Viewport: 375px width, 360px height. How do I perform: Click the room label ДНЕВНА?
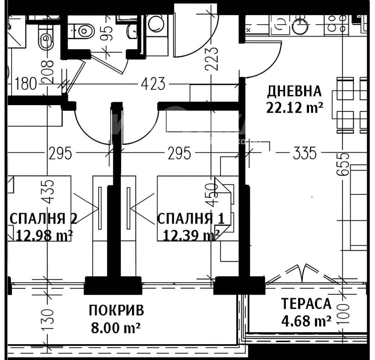tap(294, 91)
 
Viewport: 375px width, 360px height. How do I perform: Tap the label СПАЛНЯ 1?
tap(190, 219)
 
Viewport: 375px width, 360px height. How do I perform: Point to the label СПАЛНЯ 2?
tap(43, 219)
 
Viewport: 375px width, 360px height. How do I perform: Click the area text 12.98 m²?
tap(44, 235)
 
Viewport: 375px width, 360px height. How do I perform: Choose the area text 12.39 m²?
tap(191, 235)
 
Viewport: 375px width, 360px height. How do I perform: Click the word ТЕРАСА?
tap(306, 304)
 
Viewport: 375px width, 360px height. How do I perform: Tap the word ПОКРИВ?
tap(116, 310)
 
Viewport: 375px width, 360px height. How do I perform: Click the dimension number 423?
tap(153, 84)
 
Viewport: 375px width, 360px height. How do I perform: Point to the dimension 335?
tap(304, 153)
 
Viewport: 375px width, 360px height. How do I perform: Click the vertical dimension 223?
tap(211, 59)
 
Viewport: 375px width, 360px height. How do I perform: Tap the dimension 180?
tap(25, 84)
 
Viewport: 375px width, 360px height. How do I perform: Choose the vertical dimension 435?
tap(48, 191)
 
